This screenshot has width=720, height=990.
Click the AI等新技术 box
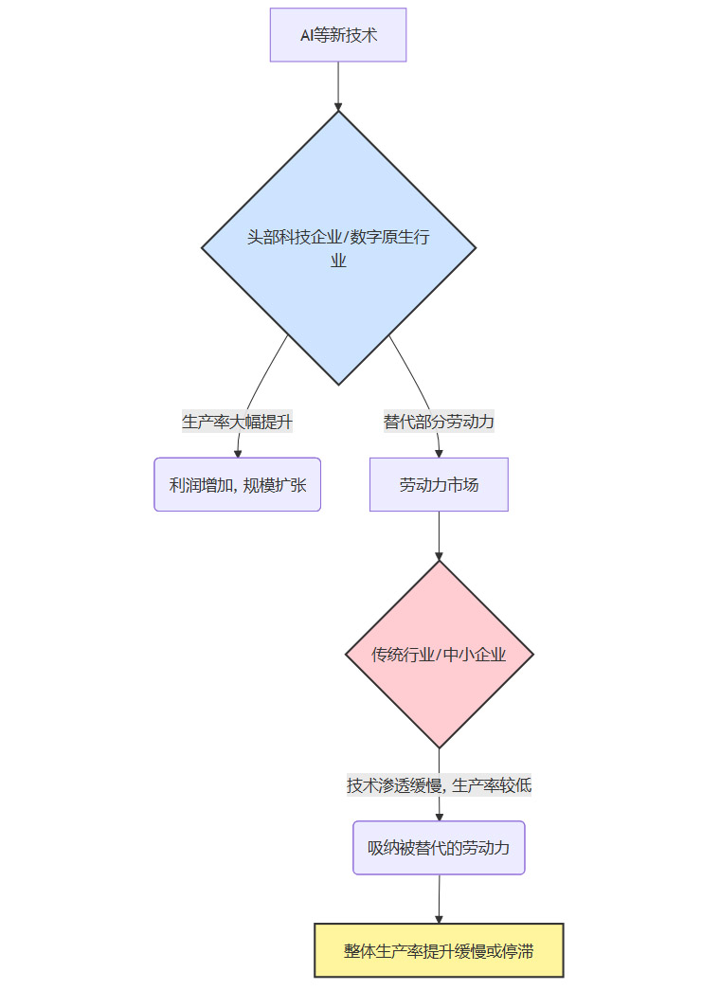point(338,35)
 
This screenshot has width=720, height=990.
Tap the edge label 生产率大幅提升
point(237,422)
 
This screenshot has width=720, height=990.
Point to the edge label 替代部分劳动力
point(439,422)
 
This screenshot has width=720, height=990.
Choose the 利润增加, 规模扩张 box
point(238,485)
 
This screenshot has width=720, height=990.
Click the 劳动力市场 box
point(439,485)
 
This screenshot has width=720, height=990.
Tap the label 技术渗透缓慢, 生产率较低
point(439,785)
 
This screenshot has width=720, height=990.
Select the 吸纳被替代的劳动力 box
point(439,848)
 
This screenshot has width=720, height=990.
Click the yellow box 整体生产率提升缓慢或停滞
point(439,950)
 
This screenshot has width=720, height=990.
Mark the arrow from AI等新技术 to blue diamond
point(338,85)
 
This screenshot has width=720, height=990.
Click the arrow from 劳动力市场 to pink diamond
point(439,535)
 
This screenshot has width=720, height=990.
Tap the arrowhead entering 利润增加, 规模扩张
point(238,453)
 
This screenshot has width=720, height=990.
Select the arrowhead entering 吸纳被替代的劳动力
point(439,816)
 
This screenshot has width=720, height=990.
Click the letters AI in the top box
point(307,35)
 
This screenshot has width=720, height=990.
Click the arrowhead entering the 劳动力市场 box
point(439,453)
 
